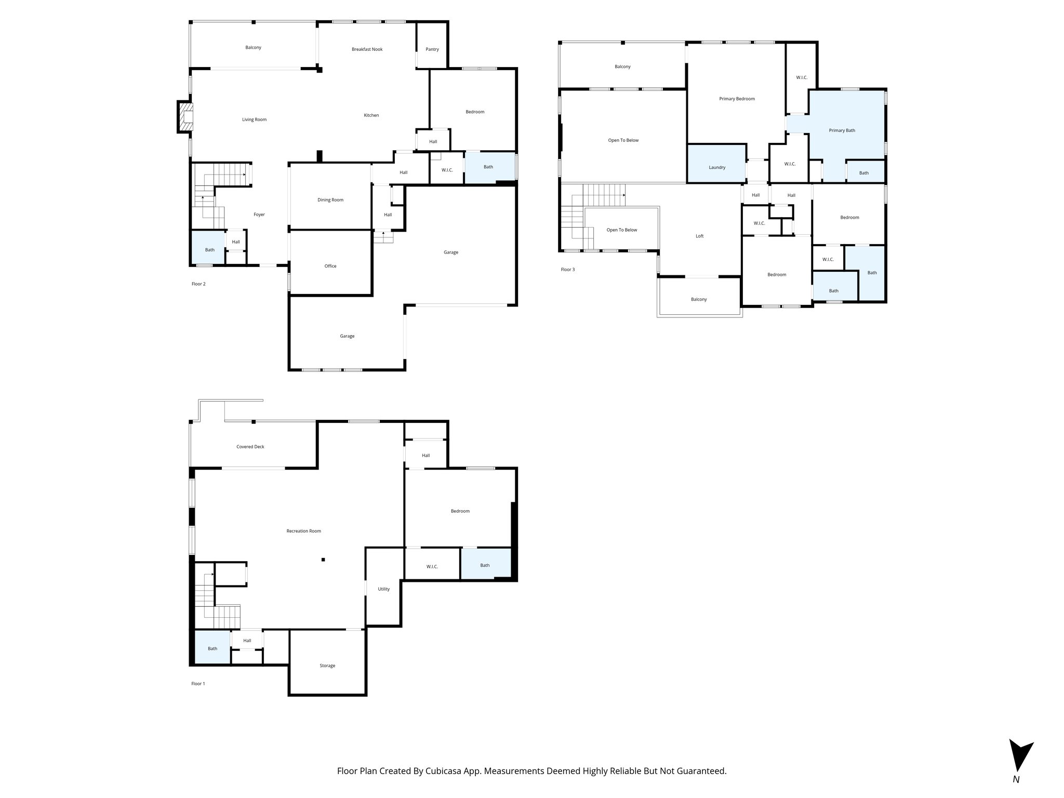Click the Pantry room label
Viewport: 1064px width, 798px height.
tap(432, 49)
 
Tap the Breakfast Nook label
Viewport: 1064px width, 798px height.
tap(367, 49)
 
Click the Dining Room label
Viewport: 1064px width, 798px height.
tap(330, 200)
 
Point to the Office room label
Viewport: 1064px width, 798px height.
tap(330, 266)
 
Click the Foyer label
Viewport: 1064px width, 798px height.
tap(259, 215)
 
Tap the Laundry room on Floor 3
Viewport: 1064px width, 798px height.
tap(716, 167)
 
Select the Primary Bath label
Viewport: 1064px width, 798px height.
tap(842, 130)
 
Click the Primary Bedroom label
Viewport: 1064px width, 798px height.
tap(737, 99)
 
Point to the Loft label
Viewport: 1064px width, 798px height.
tap(699, 236)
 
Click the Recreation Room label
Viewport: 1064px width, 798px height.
tap(303, 531)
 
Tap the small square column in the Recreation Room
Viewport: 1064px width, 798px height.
tap(323, 560)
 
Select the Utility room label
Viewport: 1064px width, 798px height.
tap(383, 589)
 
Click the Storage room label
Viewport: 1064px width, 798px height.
tap(327, 666)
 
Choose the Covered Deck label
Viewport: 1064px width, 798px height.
tap(250, 447)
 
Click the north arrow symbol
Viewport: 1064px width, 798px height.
tap(1019, 763)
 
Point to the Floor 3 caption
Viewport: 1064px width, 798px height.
tap(567, 270)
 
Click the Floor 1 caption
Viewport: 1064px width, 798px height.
tap(198, 684)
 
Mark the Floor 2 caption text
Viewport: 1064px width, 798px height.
tap(198, 284)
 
